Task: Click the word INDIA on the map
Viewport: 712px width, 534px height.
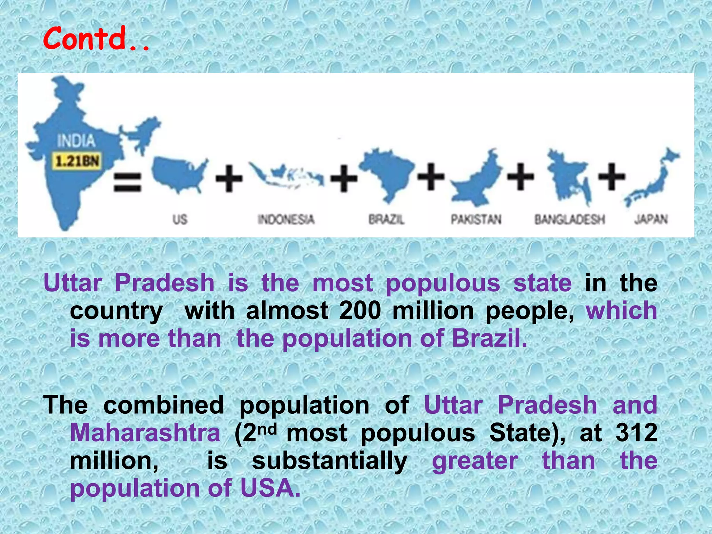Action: click(x=76, y=141)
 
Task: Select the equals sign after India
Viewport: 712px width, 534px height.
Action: click(x=128, y=182)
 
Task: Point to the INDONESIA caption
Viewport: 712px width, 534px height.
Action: click(x=286, y=219)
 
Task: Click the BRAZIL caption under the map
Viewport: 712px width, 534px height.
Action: click(x=387, y=219)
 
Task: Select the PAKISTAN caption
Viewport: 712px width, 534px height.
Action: click(x=476, y=219)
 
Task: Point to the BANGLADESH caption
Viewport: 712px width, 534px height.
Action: click(x=569, y=219)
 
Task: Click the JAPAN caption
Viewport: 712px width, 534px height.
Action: click(x=651, y=219)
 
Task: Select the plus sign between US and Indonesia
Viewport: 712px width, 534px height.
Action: click(x=229, y=179)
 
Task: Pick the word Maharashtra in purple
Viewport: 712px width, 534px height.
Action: click(x=145, y=433)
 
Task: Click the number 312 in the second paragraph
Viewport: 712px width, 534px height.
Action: click(x=636, y=433)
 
